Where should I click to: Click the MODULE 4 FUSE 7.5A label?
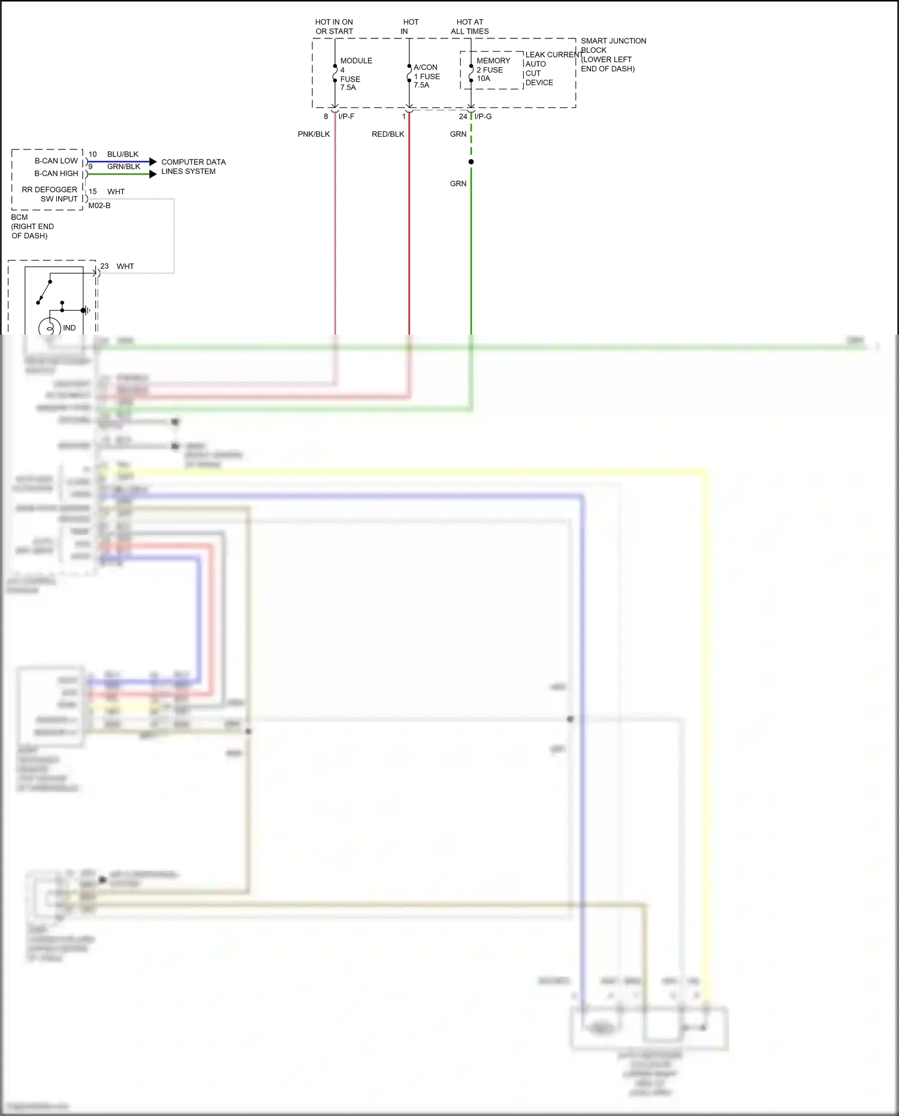pos(355,74)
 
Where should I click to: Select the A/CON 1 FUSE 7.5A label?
pos(426,76)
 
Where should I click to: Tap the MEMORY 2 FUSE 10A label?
pos(493,70)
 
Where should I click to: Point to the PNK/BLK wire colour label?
pos(313,134)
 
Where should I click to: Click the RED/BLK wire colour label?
pos(388,134)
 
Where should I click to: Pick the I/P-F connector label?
pos(346,116)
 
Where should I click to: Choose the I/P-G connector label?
pos(483,116)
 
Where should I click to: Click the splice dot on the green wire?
pos(471,162)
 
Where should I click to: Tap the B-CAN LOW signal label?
pos(56,161)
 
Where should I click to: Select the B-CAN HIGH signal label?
pos(56,173)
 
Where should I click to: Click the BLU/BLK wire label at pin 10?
pos(123,154)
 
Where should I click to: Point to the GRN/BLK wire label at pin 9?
pos(123,167)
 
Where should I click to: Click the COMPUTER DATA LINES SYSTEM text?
pos(193,167)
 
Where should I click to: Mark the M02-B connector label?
pos(99,206)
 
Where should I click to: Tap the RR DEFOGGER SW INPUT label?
pos(50,194)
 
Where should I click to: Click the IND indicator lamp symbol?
pos(50,328)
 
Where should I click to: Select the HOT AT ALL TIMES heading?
pos(470,26)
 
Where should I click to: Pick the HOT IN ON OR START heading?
pos(334,26)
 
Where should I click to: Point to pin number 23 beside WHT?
pos(104,266)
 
